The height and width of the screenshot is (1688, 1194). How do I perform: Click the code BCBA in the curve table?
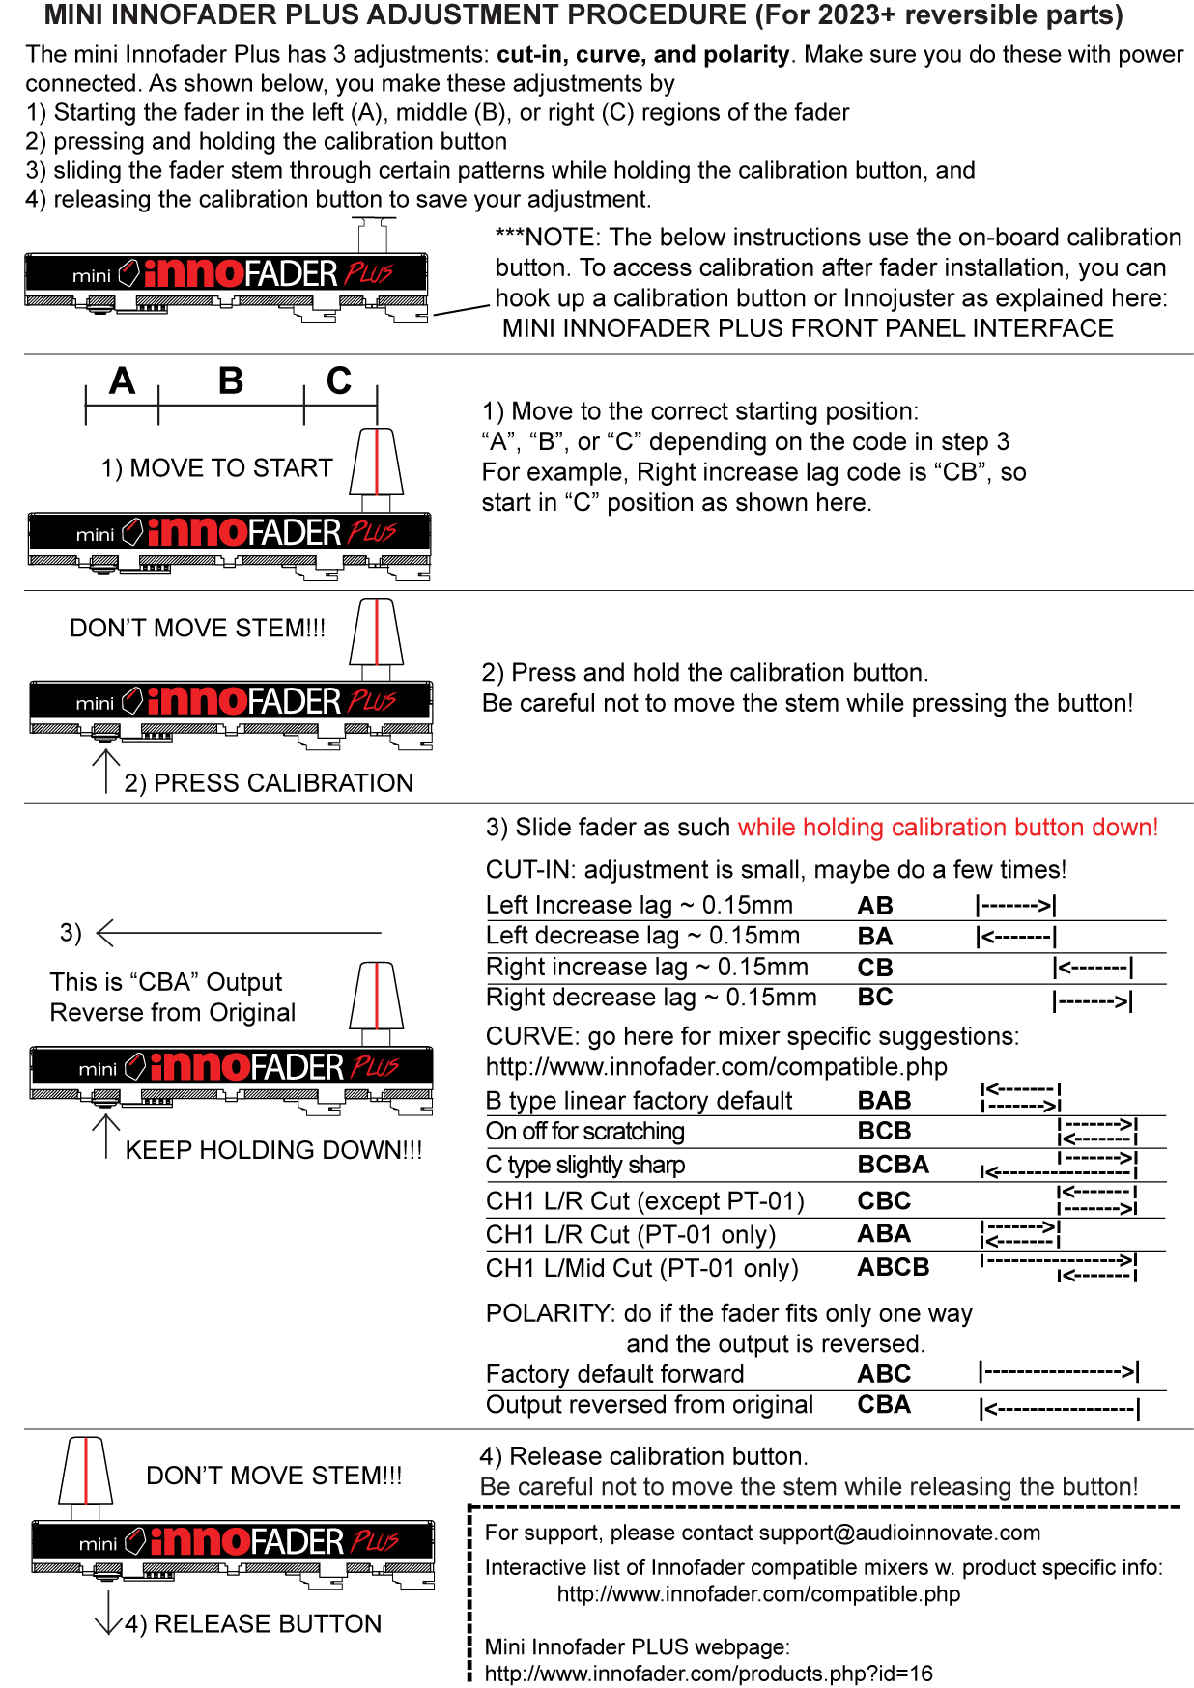pyautogui.click(x=893, y=1165)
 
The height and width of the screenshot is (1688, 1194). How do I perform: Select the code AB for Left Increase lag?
pyautogui.click(x=875, y=906)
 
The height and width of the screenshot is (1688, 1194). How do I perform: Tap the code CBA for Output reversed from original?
pyautogui.click(x=884, y=1405)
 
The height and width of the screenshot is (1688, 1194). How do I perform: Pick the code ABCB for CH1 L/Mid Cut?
pyautogui.click(x=893, y=1267)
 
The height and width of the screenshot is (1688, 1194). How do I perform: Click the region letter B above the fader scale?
pyautogui.click(x=231, y=381)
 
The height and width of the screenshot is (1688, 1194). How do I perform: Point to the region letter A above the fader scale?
pyautogui.click(x=122, y=381)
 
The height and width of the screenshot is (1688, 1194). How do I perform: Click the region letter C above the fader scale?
pyautogui.click(x=339, y=381)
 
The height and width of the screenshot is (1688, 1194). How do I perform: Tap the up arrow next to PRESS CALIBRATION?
pyautogui.click(x=105, y=771)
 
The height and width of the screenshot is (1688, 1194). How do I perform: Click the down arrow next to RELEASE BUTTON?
pyautogui.click(x=107, y=1612)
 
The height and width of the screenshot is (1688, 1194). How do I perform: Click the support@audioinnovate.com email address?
pyautogui.click(x=899, y=1533)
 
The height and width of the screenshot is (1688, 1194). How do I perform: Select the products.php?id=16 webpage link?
pyautogui.click(x=708, y=1674)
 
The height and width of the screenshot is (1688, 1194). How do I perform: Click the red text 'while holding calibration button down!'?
pyautogui.click(x=948, y=828)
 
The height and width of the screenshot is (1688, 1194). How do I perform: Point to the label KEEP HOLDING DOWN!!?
pyautogui.click(x=273, y=1150)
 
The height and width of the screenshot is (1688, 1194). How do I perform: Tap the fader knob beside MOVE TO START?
pyautogui.click(x=376, y=463)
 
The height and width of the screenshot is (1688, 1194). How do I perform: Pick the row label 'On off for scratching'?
pyautogui.click(x=585, y=1132)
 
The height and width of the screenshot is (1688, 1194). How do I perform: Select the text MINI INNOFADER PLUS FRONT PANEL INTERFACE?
pyautogui.click(x=808, y=328)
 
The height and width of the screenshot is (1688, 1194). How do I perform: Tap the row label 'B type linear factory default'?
pyautogui.click(x=639, y=1101)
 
